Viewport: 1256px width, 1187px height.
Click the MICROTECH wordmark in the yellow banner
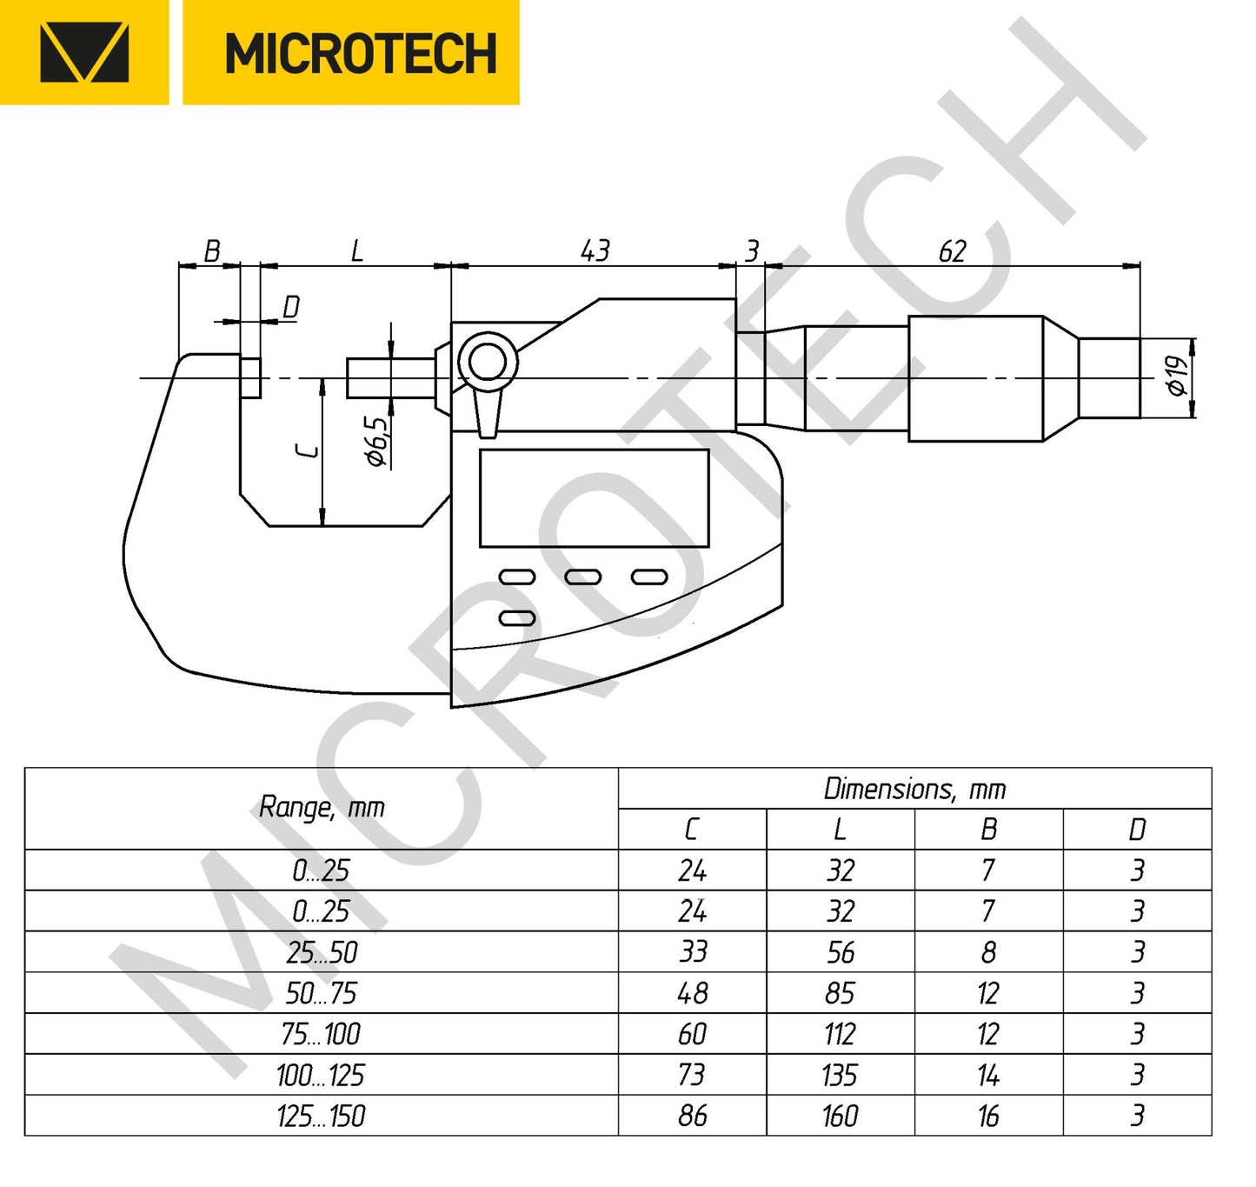(x=360, y=54)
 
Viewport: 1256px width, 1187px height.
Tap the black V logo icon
(x=84, y=53)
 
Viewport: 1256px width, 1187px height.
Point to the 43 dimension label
(x=595, y=251)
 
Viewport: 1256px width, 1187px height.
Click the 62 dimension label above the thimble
(x=952, y=251)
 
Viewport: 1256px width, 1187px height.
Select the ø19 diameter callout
(x=1177, y=376)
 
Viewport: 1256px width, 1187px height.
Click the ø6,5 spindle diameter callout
(x=377, y=442)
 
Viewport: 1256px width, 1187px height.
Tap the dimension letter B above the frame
(x=211, y=252)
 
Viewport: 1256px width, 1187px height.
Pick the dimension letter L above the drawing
(x=356, y=252)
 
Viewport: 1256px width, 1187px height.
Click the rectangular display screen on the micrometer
(x=594, y=498)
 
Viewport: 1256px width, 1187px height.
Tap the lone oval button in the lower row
(x=517, y=618)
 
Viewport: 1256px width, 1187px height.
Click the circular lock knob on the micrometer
(x=488, y=362)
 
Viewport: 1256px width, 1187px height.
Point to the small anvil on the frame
(x=250, y=377)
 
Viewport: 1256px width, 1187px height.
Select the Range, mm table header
(x=322, y=808)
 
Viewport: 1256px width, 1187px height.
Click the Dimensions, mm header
(x=914, y=789)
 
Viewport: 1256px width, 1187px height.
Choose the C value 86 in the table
(x=693, y=1116)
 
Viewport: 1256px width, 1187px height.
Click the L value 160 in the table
(x=841, y=1116)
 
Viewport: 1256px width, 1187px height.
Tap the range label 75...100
(x=321, y=1034)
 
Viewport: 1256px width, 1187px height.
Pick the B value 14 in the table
(x=988, y=1076)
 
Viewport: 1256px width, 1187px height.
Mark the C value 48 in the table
(x=693, y=993)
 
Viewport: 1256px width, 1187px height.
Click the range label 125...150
(x=321, y=1116)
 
